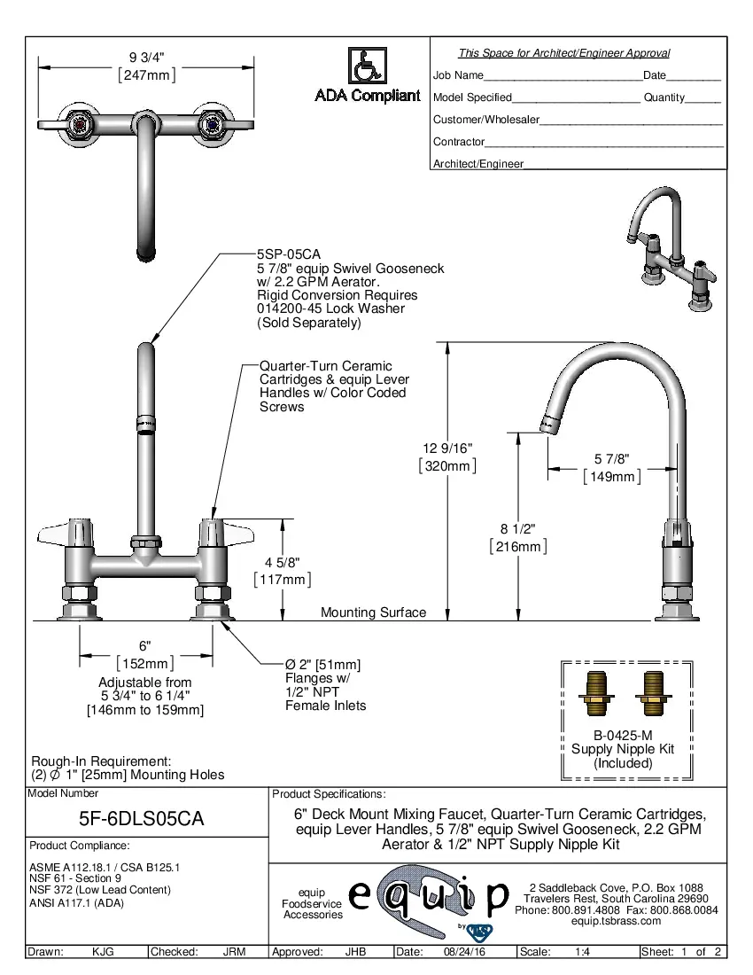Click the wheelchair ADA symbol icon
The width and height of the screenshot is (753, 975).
(367, 66)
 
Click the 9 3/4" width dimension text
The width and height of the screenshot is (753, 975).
(147, 58)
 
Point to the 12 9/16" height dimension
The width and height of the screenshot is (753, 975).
(447, 448)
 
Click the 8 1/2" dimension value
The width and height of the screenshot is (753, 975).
(518, 529)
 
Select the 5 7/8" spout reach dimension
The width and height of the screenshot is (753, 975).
(611, 459)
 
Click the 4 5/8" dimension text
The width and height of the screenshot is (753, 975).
(282, 562)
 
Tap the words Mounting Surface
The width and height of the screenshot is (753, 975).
(373, 612)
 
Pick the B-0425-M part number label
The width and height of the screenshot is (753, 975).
(622, 735)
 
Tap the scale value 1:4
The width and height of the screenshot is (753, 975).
(583, 952)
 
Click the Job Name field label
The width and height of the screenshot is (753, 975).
(458, 75)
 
